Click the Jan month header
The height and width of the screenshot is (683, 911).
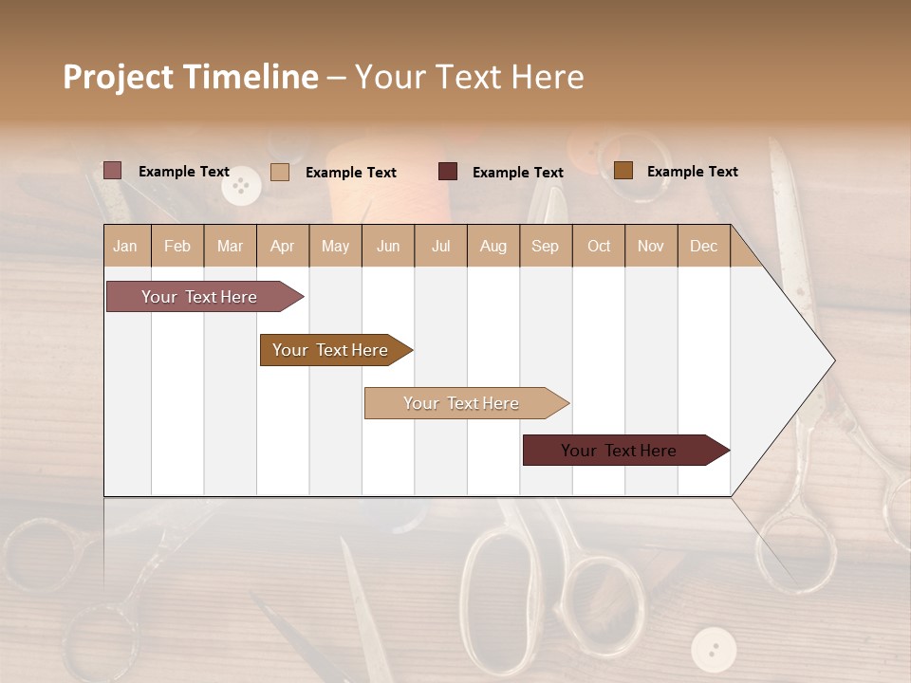click(x=125, y=246)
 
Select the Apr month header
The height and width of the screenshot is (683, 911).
click(x=282, y=246)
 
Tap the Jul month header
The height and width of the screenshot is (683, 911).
click(x=440, y=246)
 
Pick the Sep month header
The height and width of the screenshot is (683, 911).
click(x=545, y=246)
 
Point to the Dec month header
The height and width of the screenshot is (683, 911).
click(x=703, y=246)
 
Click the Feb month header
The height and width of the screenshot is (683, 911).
click(x=177, y=246)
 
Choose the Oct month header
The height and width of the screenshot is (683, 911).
click(x=599, y=246)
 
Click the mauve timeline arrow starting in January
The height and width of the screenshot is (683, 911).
click(x=199, y=297)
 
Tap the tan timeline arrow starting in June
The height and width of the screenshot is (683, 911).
click(x=461, y=403)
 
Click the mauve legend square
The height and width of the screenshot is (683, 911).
click(x=112, y=171)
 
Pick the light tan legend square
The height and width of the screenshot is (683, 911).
click(x=280, y=172)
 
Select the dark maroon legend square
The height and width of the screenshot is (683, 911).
click(x=448, y=172)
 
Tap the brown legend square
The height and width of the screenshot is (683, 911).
click(x=623, y=171)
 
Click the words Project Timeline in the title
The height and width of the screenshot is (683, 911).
click(x=190, y=77)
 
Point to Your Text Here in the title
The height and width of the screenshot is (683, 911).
click(x=469, y=77)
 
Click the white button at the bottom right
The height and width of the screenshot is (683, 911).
click(x=714, y=650)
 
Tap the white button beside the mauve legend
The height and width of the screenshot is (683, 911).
click(x=241, y=186)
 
